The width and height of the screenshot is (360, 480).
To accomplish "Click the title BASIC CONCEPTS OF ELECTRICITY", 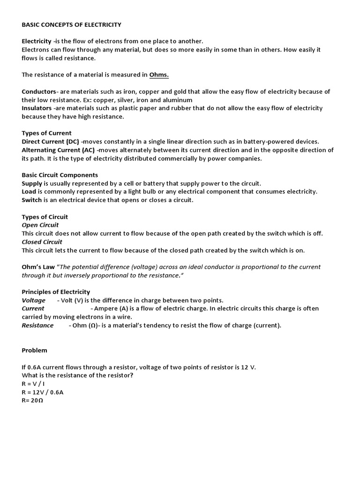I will click(72, 24).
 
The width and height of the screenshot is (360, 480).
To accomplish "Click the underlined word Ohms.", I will click(159, 75).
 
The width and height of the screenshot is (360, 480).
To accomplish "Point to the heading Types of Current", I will click(47, 133).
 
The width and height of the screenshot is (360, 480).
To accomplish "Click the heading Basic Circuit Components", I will click(60, 175).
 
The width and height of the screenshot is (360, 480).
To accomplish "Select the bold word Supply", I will click(32, 183).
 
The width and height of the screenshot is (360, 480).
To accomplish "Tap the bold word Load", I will click(29, 192).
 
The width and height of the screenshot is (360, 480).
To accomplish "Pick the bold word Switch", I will click(32, 200).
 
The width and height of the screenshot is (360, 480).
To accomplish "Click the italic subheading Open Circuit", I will click(40, 225).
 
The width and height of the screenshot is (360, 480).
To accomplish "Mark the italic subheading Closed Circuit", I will click(42, 242).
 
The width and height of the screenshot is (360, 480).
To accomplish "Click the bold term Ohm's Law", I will click(38, 267).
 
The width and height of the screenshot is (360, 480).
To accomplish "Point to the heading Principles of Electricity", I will click(56, 292).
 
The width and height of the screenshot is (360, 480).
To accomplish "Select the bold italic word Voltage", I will click(34, 300).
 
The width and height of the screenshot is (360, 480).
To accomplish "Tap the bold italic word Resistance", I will click(38, 325).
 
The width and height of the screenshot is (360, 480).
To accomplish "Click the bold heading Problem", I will click(35, 351).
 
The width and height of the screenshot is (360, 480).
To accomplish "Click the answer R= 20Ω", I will click(32, 401).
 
